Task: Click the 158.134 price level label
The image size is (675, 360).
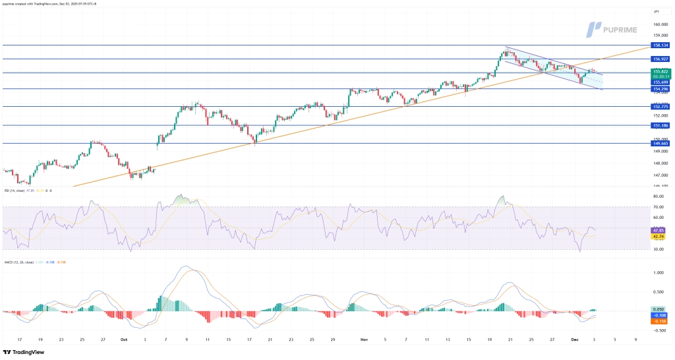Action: tap(661, 45)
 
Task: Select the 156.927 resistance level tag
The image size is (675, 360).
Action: tap(661, 59)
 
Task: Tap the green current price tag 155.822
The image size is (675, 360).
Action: tap(661, 71)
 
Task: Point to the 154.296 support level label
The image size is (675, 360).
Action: tap(661, 88)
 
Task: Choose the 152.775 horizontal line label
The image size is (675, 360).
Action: tap(661, 106)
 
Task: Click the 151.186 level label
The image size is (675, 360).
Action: tap(661, 125)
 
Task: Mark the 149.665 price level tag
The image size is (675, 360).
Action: tap(661, 142)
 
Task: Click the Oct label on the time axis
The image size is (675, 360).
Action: tap(124, 340)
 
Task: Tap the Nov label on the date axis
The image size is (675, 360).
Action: tap(363, 340)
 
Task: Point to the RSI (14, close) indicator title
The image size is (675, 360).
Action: tap(16, 191)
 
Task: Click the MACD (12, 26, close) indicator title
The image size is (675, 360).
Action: tap(20, 262)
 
